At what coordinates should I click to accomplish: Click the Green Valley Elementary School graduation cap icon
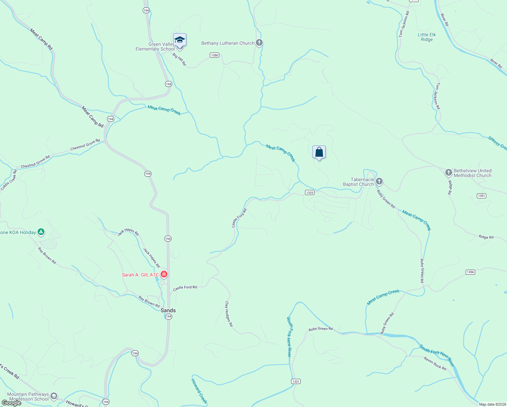[x=180, y=40]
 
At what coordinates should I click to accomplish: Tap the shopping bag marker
[x=319, y=152]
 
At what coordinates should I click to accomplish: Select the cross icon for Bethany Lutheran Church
[x=259, y=43]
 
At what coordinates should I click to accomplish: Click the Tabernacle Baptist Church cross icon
[x=379, y=181]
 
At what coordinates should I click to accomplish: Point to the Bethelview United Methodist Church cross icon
[x=448, y=173]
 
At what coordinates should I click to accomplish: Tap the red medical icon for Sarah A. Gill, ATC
[x=164, y=274]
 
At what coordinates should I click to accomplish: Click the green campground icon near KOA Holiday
[x=41, y=232]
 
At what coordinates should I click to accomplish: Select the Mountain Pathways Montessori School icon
[x=54, y=396]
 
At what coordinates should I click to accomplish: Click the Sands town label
[x=168, y=310]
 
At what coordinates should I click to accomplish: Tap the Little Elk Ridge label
[x=427, y=37]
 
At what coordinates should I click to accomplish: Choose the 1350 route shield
[x=214, y=55]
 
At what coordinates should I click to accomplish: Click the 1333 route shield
[x=309, y=193]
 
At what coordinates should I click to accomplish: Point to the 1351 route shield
[x=481, y=196]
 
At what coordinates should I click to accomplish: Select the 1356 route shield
[x=470, y=272]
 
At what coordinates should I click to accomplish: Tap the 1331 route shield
[x=296, y=382]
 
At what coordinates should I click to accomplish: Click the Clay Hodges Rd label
[x=229, y=314]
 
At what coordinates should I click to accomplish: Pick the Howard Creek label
[x=199, y=391]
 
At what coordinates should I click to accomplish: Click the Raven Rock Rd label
[x=435, y=363]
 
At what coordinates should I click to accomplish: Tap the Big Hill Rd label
[x=179, y=59]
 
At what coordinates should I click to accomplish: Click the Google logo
[x=11, y=403]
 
